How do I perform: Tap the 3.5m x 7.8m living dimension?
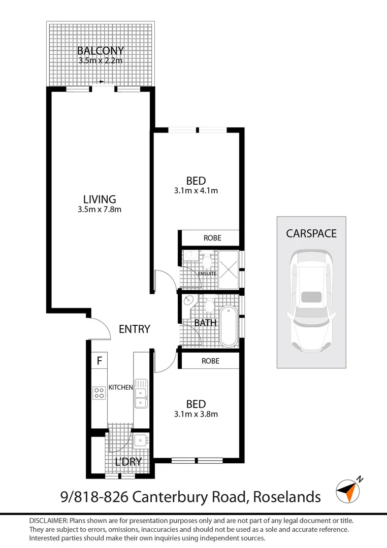click(x=100, y=209)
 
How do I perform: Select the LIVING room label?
click(x=100, y=199)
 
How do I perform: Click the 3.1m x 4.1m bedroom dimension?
click(x=196, y=191)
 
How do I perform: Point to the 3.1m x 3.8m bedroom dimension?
click(x=196, y=414)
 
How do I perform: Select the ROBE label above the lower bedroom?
click(x=210, y=361)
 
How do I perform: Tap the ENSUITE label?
click(x=208, y=273)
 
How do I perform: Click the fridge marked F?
click(x=100, y=361)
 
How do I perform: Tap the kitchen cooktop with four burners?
click(x=99, y=392)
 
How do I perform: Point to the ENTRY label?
click(x=134, y=329)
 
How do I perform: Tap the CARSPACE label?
click(x=311, y=233)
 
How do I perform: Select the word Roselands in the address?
click(x=287, y=496)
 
